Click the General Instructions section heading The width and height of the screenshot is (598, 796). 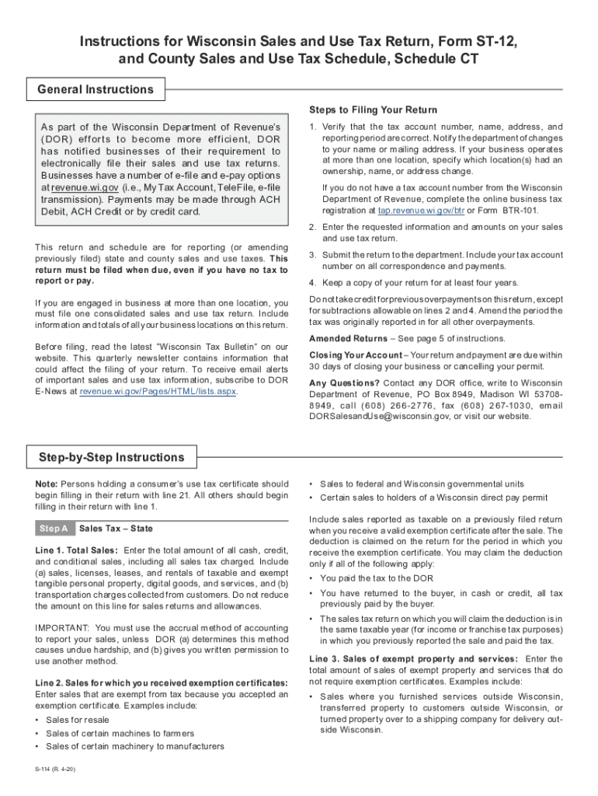pyautogui.click(x=96, y=89)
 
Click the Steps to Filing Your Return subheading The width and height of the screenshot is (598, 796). pyautogui.click(x=373, y=110)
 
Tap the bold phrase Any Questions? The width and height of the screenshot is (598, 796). pyautogui.click(x=345, y=383)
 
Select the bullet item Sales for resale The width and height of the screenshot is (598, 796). pyautogui.click(x=78, y=720)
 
